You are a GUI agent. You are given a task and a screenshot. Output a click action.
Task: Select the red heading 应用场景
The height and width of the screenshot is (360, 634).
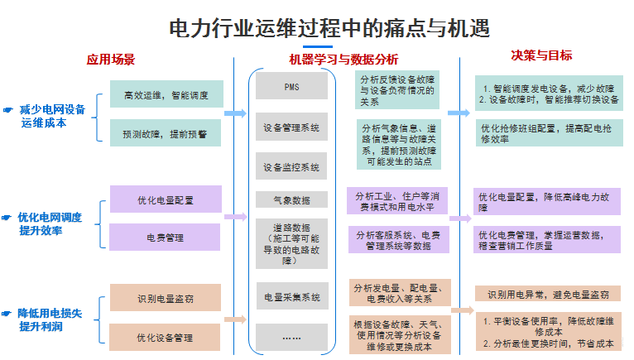point(111,60)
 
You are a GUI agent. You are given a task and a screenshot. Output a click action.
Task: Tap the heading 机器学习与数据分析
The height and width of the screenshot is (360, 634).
point(343,60)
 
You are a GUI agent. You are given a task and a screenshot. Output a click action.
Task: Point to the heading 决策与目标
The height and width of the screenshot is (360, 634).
point(541,56)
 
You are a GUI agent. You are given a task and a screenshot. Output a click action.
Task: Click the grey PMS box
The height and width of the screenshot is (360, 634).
point(291,87)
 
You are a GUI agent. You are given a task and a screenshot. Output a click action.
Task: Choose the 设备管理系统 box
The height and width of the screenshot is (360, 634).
point(291,128)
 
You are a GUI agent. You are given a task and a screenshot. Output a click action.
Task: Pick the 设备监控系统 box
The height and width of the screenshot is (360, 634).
point(291,166)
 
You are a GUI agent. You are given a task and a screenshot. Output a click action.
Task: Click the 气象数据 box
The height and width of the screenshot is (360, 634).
point(291,200)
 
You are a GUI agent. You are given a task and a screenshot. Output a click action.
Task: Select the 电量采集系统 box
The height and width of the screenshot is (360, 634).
point(291,296)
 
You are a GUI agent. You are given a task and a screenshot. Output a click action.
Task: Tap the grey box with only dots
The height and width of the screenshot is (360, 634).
point(291,337)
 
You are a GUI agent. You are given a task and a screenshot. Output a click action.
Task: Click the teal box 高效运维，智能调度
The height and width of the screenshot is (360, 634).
point(166,94)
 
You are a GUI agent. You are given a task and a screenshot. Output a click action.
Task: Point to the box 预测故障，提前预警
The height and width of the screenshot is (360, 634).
point(166,132)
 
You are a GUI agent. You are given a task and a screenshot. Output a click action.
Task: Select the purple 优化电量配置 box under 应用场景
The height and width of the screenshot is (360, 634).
point(166,199)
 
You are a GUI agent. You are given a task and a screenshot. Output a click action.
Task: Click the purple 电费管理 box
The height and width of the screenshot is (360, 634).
point(166,238)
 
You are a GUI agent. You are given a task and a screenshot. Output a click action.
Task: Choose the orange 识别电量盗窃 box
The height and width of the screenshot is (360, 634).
point(166,298)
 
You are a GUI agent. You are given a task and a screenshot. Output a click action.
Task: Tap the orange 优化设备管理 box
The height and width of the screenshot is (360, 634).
point(166,337)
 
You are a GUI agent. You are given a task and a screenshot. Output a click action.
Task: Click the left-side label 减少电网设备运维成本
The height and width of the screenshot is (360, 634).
point(51,115)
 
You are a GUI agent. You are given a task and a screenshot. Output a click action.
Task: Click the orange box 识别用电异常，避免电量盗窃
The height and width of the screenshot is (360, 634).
point(547,294)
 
